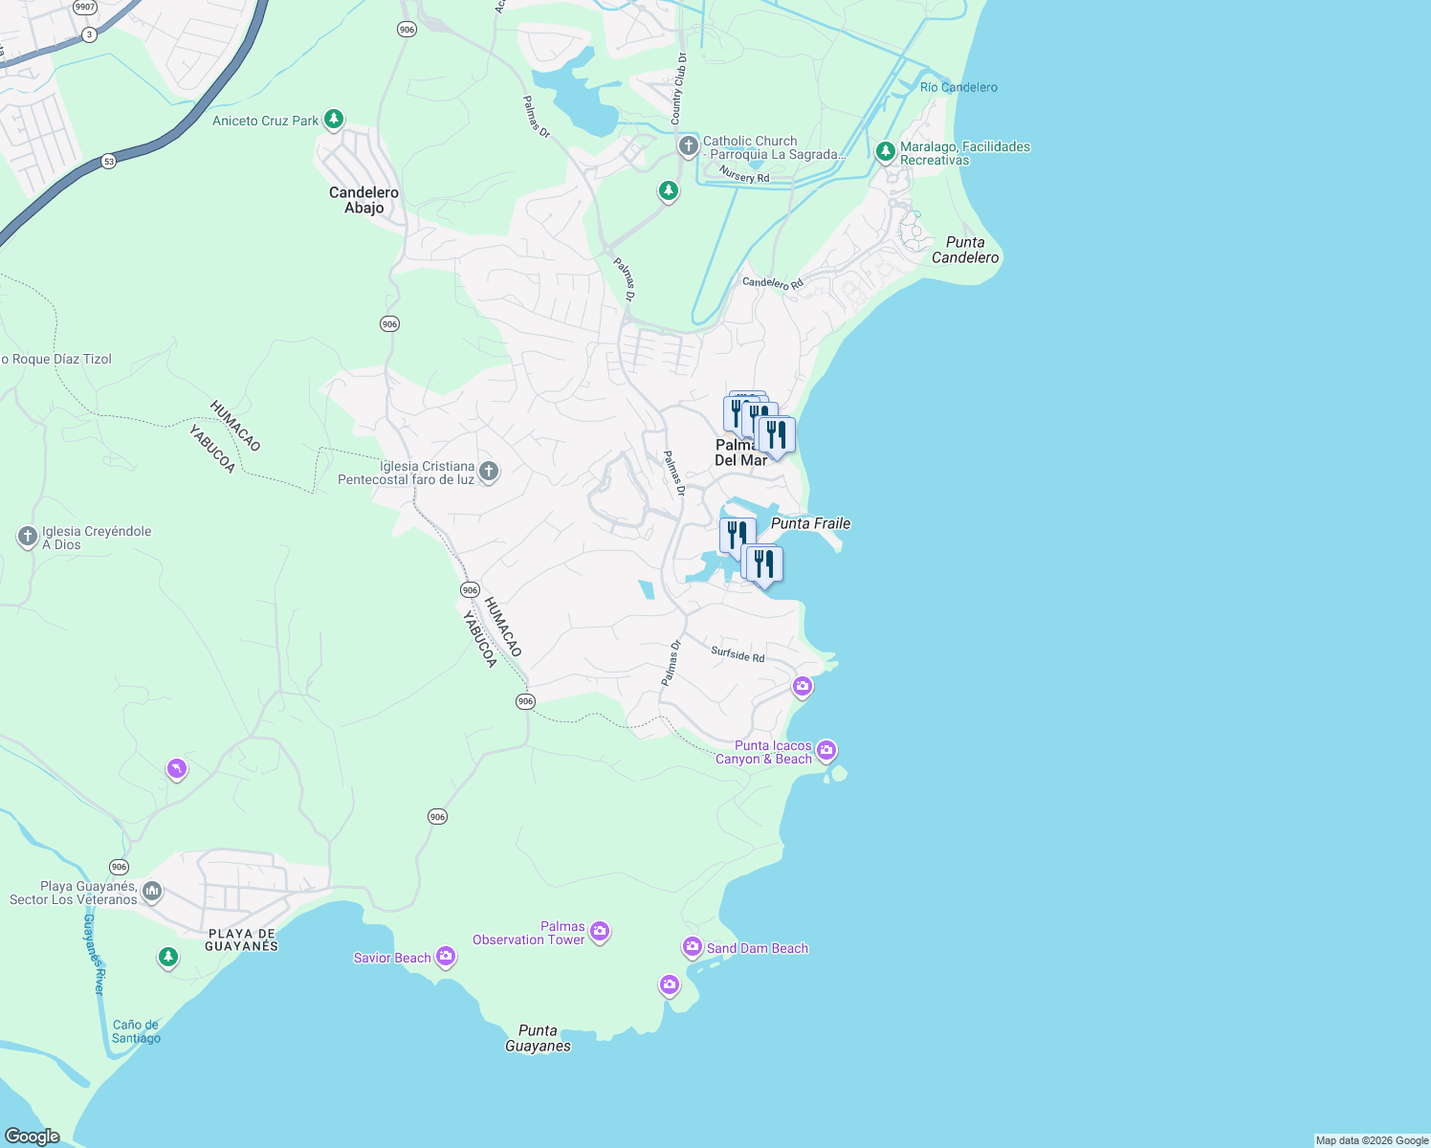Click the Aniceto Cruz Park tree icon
tap(333, 120)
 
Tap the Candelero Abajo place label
tap(363, 200)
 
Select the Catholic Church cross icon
tap(688, 146)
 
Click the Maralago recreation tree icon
tap(886, 151)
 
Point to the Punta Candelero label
tap(965, 250)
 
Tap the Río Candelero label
tap(958, 87)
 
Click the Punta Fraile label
tap(810, 523)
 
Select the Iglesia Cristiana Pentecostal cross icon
tap(489, 471)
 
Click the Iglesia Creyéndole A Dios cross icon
tap(28, 537)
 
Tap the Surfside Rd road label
tap(738, 654)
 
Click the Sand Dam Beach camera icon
tap(692, 947)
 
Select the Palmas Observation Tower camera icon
tap(600, 931)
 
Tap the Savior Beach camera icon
tap(446, 956)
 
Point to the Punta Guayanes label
tap(538, 1038)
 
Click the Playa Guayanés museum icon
tap(152, 893)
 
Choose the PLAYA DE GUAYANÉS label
tap(241, 939)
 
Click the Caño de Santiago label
tap(136, 1031)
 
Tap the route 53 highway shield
tap(109, 162)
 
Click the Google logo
tap(33, 1136)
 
